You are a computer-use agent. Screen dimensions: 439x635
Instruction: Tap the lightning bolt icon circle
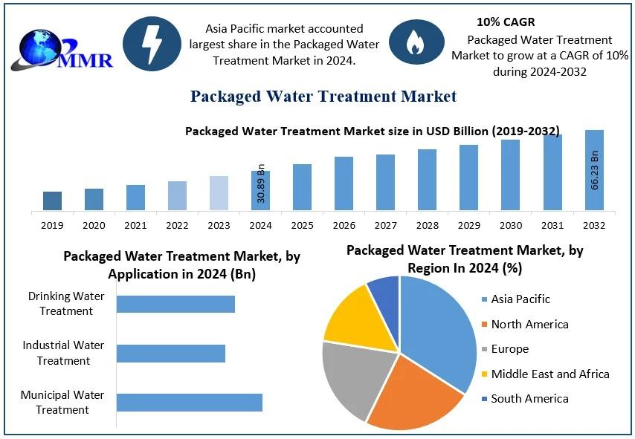[152, 44]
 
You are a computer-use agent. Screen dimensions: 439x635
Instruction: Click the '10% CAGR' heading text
[506, 22]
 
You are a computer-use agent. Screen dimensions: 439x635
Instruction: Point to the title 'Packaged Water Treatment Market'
[323, 96]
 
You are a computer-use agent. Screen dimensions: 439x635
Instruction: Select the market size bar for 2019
[52, 201]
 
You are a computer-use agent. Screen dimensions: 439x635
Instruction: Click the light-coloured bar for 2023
[219, 192]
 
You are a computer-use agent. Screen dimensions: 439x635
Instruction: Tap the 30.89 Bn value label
[261, 183]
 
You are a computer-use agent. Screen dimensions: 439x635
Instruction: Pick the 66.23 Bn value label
[595, 170]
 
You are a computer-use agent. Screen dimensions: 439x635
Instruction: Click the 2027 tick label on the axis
[385, 225]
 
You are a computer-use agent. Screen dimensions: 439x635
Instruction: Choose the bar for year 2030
[510, 175]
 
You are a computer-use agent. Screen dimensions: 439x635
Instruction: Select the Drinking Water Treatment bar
[175, 304]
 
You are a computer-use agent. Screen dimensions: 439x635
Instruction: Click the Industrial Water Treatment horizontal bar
[171, 353]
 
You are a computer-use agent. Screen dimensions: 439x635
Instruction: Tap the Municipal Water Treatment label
[62, 402]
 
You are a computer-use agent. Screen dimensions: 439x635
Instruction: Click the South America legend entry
[529, 399]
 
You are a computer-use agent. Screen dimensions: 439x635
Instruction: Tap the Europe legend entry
[509, 349]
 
